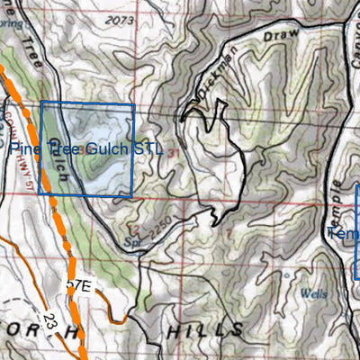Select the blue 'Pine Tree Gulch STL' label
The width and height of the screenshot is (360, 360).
[x=86, y=148]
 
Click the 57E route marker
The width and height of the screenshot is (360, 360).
[x=80, y=286]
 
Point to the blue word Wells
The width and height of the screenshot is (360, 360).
[x=314, y=293]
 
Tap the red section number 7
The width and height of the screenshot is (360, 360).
[x=229, y=235]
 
